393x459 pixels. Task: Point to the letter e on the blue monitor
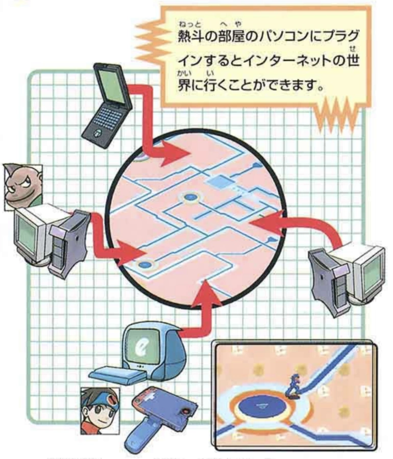(x=142, y=348)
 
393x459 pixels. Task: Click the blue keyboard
(x=118, y=375)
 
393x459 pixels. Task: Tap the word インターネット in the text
(x=287, y=62)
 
